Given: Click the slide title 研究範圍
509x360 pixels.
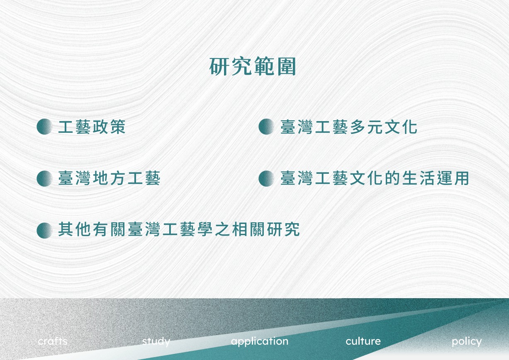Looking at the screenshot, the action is [253, 66].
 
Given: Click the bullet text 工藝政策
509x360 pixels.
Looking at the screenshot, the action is [92, 127].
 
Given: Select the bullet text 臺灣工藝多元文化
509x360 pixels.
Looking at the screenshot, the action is [349, 127].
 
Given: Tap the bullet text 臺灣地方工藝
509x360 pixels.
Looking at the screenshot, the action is [109, 178].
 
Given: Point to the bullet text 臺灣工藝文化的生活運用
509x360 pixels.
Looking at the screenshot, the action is [375, 178].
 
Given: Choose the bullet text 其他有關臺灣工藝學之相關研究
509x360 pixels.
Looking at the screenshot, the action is [179, 230].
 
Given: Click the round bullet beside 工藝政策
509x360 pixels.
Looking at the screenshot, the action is [44, 126].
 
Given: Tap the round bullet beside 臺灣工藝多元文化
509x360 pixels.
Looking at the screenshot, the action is [267, 126].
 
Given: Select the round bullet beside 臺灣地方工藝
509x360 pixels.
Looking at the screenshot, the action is [44, 178].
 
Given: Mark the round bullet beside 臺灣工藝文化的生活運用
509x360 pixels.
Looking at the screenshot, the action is [267, 178].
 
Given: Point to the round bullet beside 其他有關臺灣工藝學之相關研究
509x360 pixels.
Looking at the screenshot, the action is [44, 230].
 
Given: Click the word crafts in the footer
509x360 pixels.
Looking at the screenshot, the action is [53, 341].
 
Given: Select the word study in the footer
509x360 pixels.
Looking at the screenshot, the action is [156, 342].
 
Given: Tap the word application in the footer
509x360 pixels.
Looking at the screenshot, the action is [260, 342].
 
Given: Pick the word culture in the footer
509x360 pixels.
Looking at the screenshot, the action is [363, 341].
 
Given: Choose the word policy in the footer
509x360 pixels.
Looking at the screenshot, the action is [467, 342].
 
